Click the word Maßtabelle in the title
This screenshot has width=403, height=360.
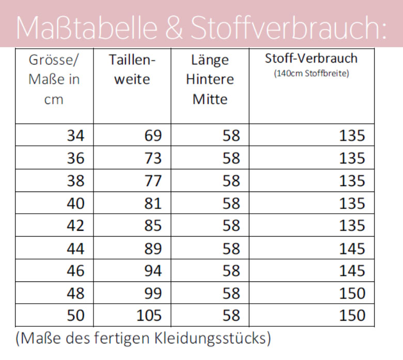[87, 27]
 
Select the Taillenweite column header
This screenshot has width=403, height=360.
[132, 69]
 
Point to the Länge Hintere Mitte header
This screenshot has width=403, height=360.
[210, 79]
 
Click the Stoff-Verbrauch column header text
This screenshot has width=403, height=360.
[311, 58]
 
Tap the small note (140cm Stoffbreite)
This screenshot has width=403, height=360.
[312, 73]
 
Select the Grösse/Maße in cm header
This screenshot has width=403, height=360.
[54, 79]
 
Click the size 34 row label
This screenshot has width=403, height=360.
[75, 136]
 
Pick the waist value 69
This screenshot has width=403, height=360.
[153, 136]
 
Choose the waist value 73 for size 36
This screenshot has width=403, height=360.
[153, 158]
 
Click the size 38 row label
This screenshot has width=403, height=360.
[75, 181]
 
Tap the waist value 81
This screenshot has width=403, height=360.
[153, 203]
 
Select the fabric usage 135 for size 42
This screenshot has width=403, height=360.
[352, 226]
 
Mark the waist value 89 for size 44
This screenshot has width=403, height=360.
[153, 249]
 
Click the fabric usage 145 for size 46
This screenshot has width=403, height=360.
[352, 271]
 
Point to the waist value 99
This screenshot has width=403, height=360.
[153, 293]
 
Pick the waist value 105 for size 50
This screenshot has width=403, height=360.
[149, 315]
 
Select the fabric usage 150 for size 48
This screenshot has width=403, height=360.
[352, 293]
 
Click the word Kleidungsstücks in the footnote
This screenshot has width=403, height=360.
[210, 338]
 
